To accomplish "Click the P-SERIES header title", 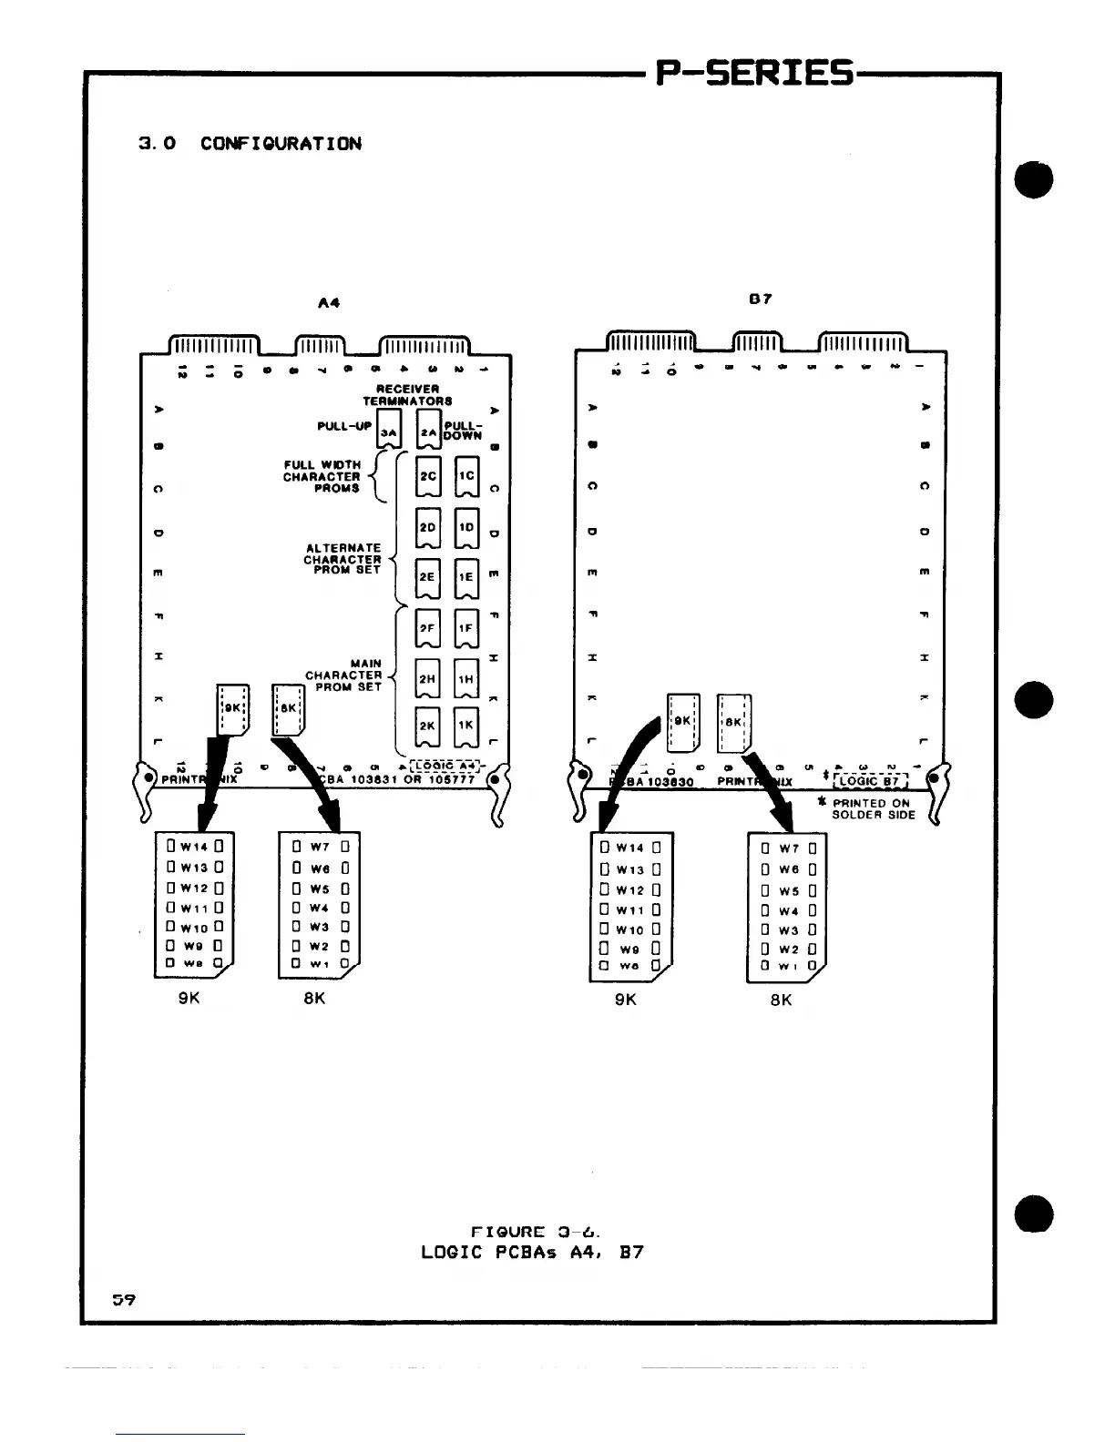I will click(755, 73).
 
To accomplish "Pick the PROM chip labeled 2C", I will click(428, 475).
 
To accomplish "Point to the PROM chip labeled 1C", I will click(466, 475).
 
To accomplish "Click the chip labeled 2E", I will click(428, 576).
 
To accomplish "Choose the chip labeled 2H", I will click(428, 678).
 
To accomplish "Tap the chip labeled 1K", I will click(466, 726).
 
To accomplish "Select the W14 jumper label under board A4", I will click(194, 847).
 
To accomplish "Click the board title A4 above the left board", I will click(329, 303).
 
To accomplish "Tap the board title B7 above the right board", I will click(760, 299).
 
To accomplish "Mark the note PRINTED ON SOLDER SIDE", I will click(872, 809).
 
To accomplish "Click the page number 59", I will click(124, 1299).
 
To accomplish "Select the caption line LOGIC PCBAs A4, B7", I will click(532, 1252).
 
